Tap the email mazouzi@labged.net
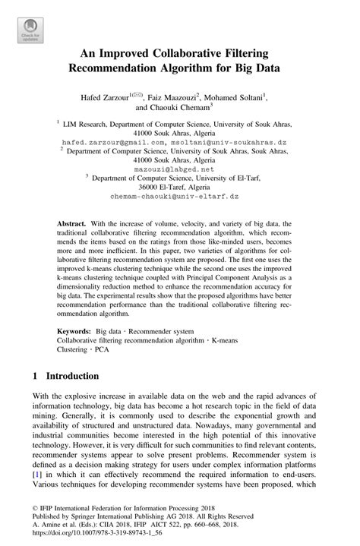(x=179, y=169)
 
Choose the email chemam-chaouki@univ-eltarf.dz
(x=179, y=197)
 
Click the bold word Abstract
(x=74, y=226)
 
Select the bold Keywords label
(x=75, y=331)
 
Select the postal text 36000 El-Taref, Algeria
(x=179, y=188)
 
